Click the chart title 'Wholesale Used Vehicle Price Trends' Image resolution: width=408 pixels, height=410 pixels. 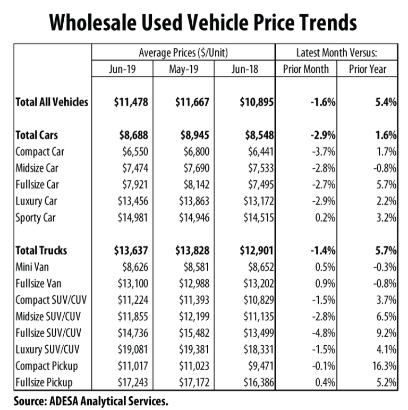[203, 23]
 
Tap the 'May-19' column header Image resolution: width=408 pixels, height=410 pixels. [183, 69]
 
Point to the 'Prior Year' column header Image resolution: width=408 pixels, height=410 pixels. [368, 69]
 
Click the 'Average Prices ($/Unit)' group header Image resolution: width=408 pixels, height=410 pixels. [183, 53]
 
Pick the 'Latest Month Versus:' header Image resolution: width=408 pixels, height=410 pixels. [337, 53]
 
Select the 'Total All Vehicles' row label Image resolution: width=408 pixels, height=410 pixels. [52, 101]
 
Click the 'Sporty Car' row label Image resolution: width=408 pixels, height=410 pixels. [36, 218]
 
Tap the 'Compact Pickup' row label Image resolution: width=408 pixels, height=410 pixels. [47, 366]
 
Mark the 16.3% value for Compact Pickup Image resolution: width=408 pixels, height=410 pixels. [384, 366]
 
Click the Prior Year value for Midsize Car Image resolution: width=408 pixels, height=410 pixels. [384, 168]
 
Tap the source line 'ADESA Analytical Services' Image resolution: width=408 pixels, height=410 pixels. [93, 399]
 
